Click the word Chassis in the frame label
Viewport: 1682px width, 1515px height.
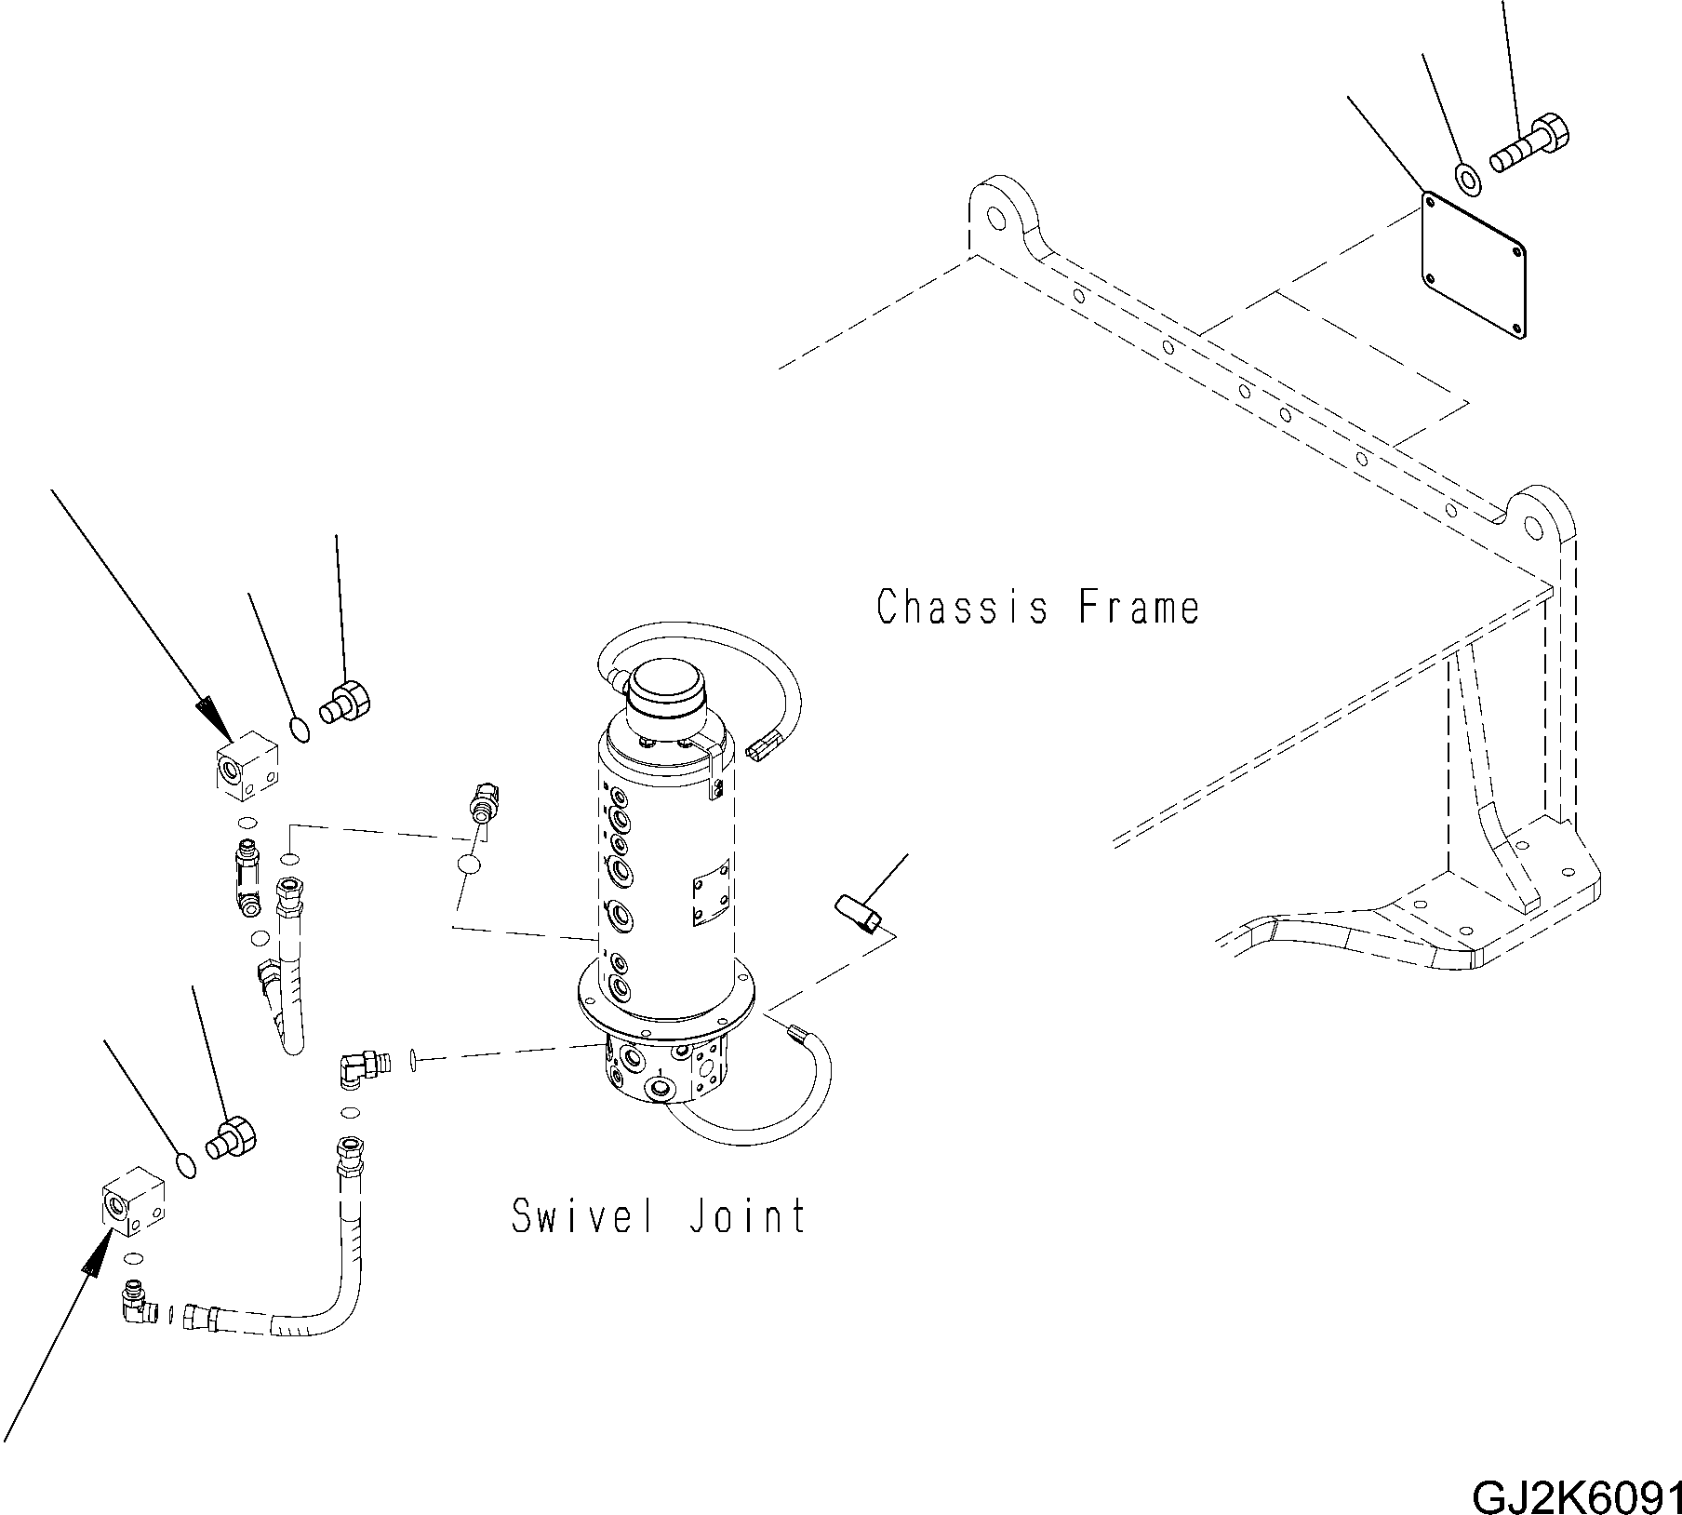[x=963, y=608]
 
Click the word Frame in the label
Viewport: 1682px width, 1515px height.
[x=1139, y=608]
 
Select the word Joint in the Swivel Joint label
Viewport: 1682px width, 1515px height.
[x=747, y=1215]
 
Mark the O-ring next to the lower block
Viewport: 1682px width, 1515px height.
[x=185, y=1166]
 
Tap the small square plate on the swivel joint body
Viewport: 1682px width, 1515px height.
[x=711, y=900]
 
